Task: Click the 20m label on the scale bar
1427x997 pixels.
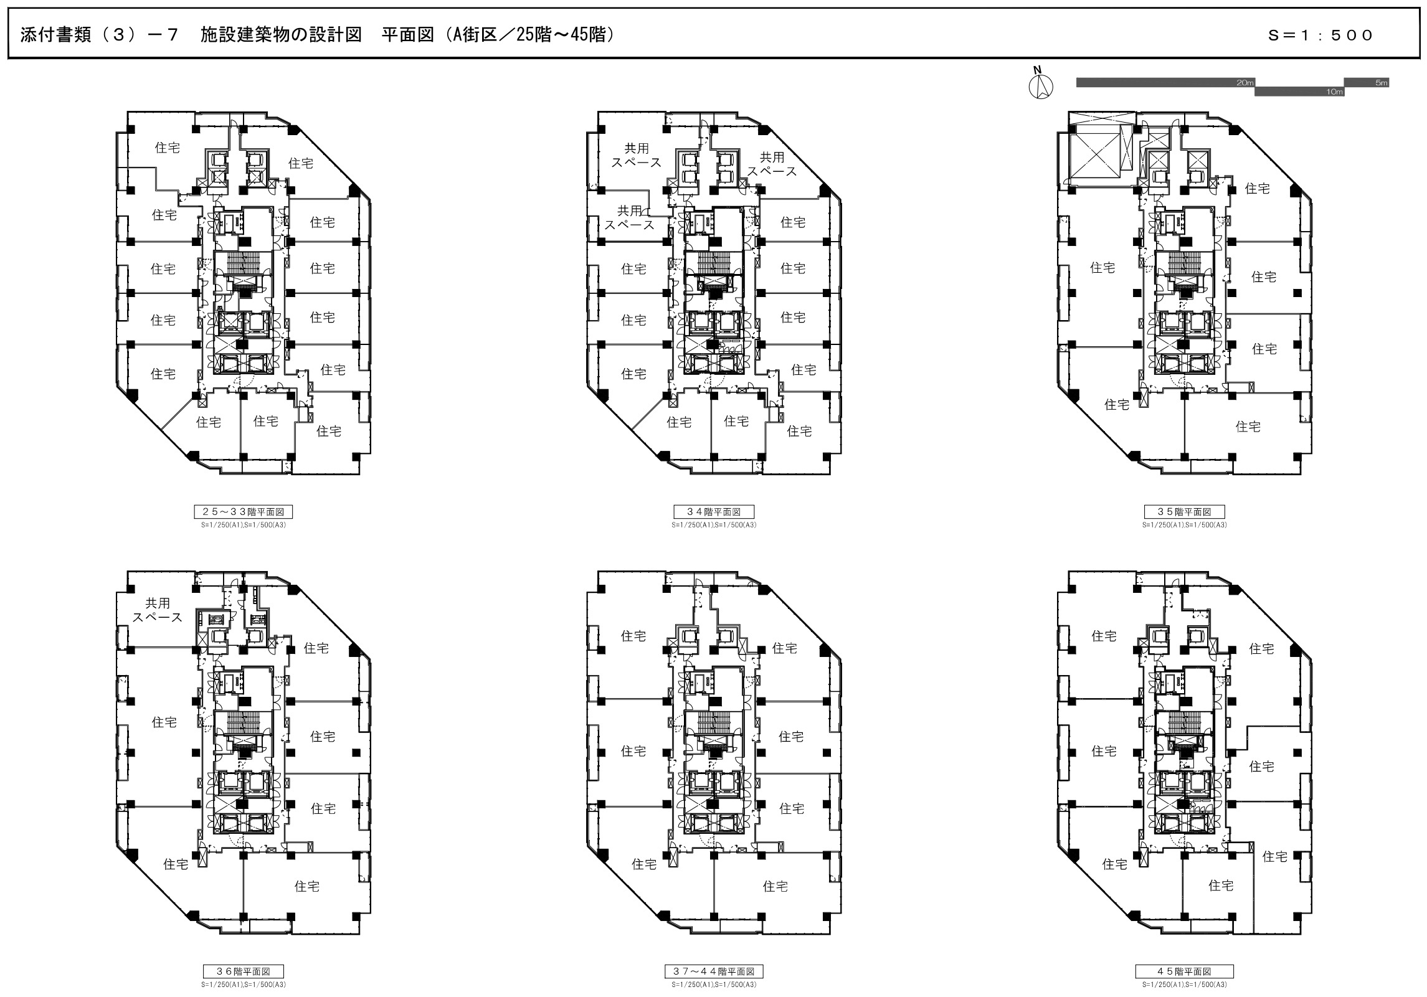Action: click(x=1244, y=83)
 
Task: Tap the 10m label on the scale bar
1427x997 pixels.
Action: click(x=1334, y=92)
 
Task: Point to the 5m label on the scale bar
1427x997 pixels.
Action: click(x=1381, y=83)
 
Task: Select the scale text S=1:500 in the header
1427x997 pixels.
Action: click(x=1319, y=35)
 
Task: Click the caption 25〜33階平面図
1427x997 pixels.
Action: click(x=243, y=512)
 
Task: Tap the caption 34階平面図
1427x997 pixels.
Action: click(x=714, y=512)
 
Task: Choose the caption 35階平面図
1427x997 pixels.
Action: click(x=1184, y=512)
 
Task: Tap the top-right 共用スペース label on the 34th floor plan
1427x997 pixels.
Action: click(x=772, y=164)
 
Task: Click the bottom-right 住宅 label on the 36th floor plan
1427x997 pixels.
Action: click(x=307, y=886)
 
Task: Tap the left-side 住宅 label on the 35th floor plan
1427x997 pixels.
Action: click(x=1102, y=268)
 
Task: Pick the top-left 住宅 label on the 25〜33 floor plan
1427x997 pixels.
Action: click(x=167, y=148)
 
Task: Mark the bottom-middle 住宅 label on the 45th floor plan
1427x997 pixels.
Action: click(x=1221, y=885)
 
